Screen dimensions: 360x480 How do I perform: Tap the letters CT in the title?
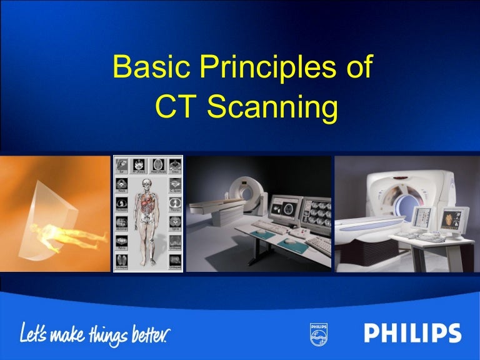point(177,107)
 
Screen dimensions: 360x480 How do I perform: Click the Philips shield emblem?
point(317,334)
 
